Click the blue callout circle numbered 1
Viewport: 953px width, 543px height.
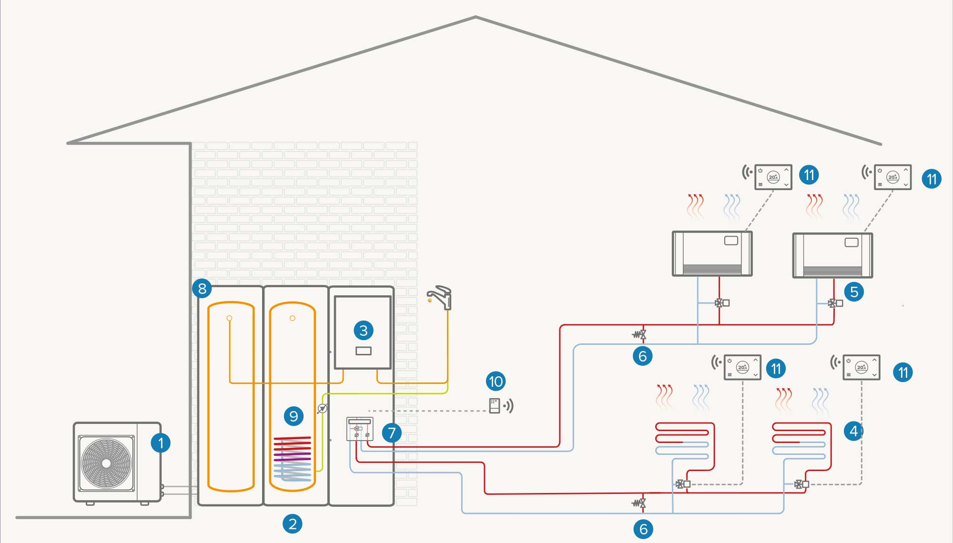point(161,443)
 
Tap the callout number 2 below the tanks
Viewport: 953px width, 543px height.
point(293,524)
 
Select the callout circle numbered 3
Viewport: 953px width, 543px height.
point(364,330)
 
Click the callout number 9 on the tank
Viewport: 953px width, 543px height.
point(294,416)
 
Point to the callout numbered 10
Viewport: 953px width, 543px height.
point(496,381)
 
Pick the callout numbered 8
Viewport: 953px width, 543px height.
point(202,288)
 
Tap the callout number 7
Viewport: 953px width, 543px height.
point(392,432)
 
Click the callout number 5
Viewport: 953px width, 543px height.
point(854,292)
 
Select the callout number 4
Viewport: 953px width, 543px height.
point(853,431)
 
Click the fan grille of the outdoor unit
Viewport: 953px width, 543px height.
point(106,463)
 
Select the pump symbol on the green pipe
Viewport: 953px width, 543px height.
point(323,408)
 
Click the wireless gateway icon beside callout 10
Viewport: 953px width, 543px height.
point(495,406)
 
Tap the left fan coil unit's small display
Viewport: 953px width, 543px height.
point(731,241)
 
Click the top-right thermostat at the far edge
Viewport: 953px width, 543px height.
point(892,177)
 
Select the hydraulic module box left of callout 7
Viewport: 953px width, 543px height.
point(360,429)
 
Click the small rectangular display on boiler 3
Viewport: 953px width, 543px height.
point(364,351)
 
